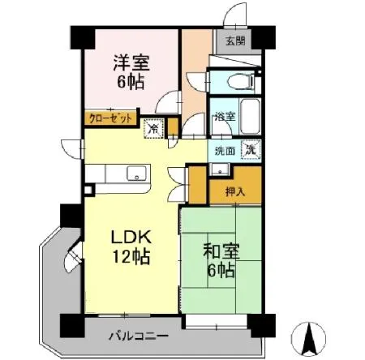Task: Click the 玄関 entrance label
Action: click(x=235, y=41)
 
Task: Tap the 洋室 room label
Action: click(x=131, y=61)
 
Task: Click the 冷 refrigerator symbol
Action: click(x=152, y=127)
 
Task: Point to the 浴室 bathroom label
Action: click(x=225, y=118)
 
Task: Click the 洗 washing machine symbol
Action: click(x=252, y=149)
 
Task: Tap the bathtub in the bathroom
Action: click(x=248, y=118)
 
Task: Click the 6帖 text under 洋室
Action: click(x=130, y=82)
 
